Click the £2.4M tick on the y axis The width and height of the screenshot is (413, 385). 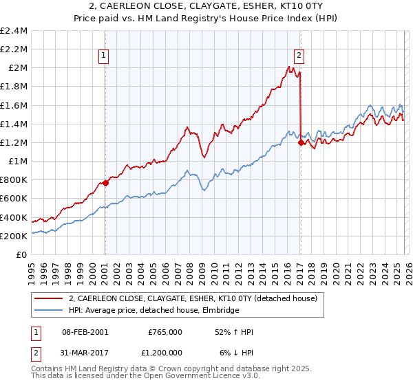[14, 31]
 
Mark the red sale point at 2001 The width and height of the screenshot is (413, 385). [105, 183]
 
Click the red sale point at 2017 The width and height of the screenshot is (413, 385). [301, 142]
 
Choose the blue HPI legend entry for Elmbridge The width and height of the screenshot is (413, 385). [153, 310]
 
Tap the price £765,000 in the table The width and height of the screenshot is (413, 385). [165, 331]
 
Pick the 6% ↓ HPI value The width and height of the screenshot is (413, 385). [236, 352]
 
